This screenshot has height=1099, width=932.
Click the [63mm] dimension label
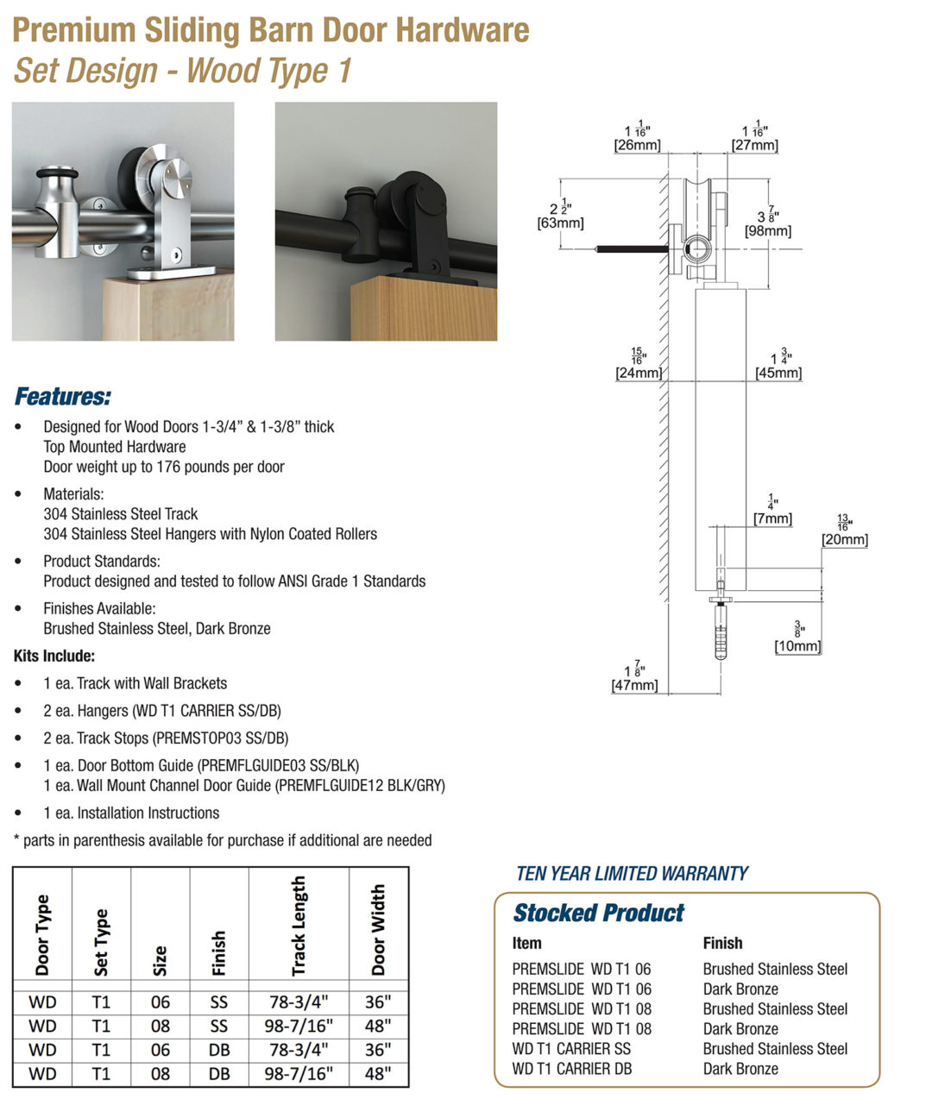point(560,223)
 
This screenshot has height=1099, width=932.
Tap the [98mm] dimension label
point(767,230)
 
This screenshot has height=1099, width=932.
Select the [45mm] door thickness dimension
point(778,373)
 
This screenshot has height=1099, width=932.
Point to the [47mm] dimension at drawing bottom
point(634,685)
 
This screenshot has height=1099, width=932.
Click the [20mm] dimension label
point(844,539)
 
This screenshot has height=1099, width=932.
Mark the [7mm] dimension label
point(771,518)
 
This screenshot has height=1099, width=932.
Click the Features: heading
point(63,397)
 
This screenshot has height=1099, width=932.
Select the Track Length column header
point(299,926)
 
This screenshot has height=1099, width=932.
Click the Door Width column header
point(378,929)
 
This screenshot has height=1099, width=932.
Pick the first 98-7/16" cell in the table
point(299,1026)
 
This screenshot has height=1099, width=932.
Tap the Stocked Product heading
point(598,913)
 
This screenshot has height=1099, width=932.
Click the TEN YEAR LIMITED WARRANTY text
point(632,873)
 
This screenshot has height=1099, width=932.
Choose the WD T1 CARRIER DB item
point(571,1069)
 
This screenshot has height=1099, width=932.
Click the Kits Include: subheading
point(54,656)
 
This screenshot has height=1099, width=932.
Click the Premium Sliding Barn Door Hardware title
point(271,30)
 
